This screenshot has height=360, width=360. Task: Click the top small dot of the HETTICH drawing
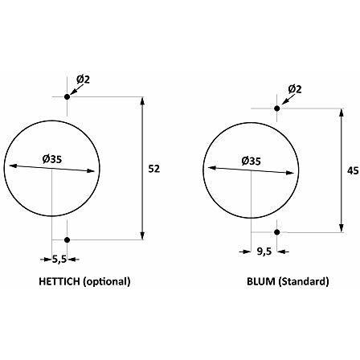(67, 96)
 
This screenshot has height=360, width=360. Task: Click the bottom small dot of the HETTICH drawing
(67, 239)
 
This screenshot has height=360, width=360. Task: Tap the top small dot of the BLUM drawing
(277, 108)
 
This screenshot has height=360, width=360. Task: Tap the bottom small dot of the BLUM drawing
(277, 232)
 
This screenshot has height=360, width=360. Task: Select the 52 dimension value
(154, 169)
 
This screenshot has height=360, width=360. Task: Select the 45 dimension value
(353, 170)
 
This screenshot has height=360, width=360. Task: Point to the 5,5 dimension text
(59, 260)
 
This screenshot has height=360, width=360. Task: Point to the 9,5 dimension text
(264, 252)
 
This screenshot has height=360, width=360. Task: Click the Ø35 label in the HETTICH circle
(52, 159)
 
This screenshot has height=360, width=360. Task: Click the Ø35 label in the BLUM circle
(251, 161)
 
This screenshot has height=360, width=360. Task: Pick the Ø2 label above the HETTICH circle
(83, 80)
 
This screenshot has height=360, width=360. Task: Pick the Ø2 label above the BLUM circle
(295, 89)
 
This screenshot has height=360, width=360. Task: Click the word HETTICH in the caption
(59, 281)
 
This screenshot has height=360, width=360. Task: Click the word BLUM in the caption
(261, 281)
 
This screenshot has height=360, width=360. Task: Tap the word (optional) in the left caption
(107, 282)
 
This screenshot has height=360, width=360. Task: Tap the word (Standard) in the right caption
(304, 282)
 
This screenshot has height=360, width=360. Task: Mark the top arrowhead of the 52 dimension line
(142, 101)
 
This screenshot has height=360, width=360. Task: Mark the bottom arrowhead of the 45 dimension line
(341, 227)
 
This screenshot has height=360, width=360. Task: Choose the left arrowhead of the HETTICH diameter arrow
(14, 166)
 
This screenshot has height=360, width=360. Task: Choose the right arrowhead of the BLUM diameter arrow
(289, 173)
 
